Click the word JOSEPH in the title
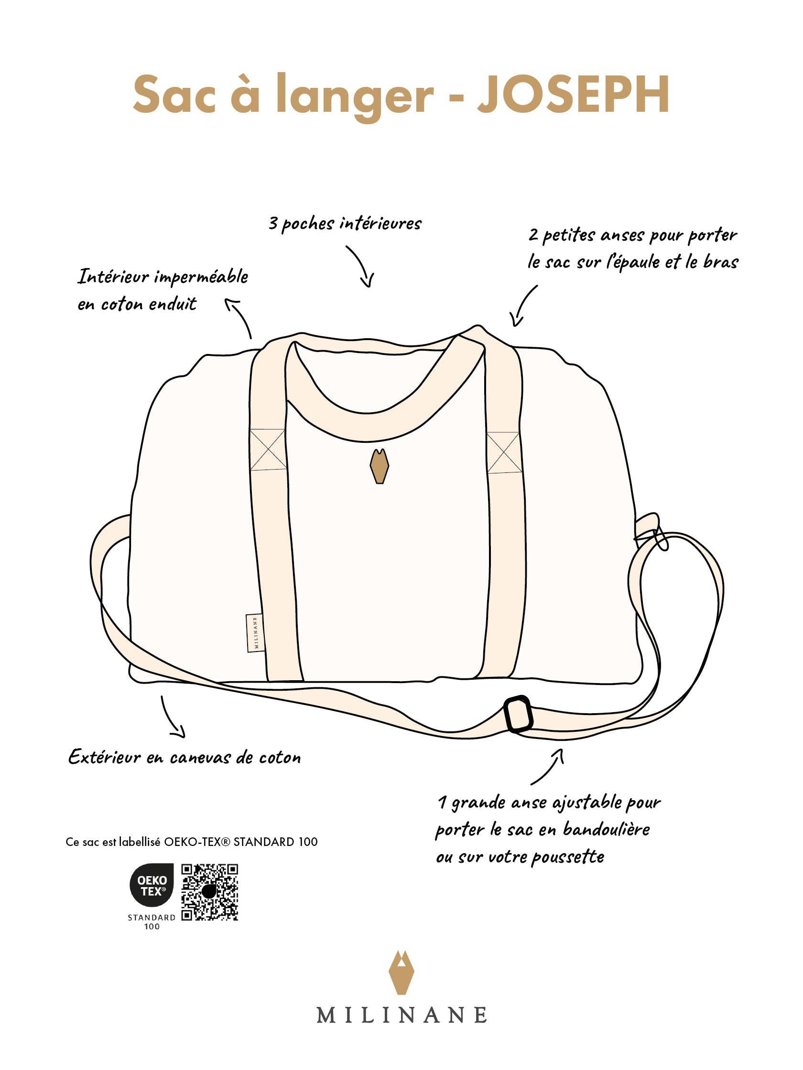573,94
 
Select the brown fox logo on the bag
379,466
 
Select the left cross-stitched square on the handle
268,449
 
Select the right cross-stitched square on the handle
503,452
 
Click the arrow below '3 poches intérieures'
360,266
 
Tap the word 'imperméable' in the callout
202,278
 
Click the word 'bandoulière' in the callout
606,830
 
